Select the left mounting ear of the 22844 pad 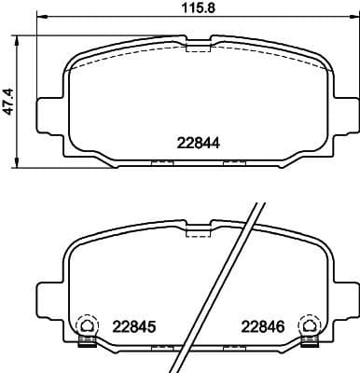(x=46, y=114)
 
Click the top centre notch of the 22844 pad (x=198, y=44)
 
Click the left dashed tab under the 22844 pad (x=162, y=163)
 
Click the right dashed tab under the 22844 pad (x=233, y=163)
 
